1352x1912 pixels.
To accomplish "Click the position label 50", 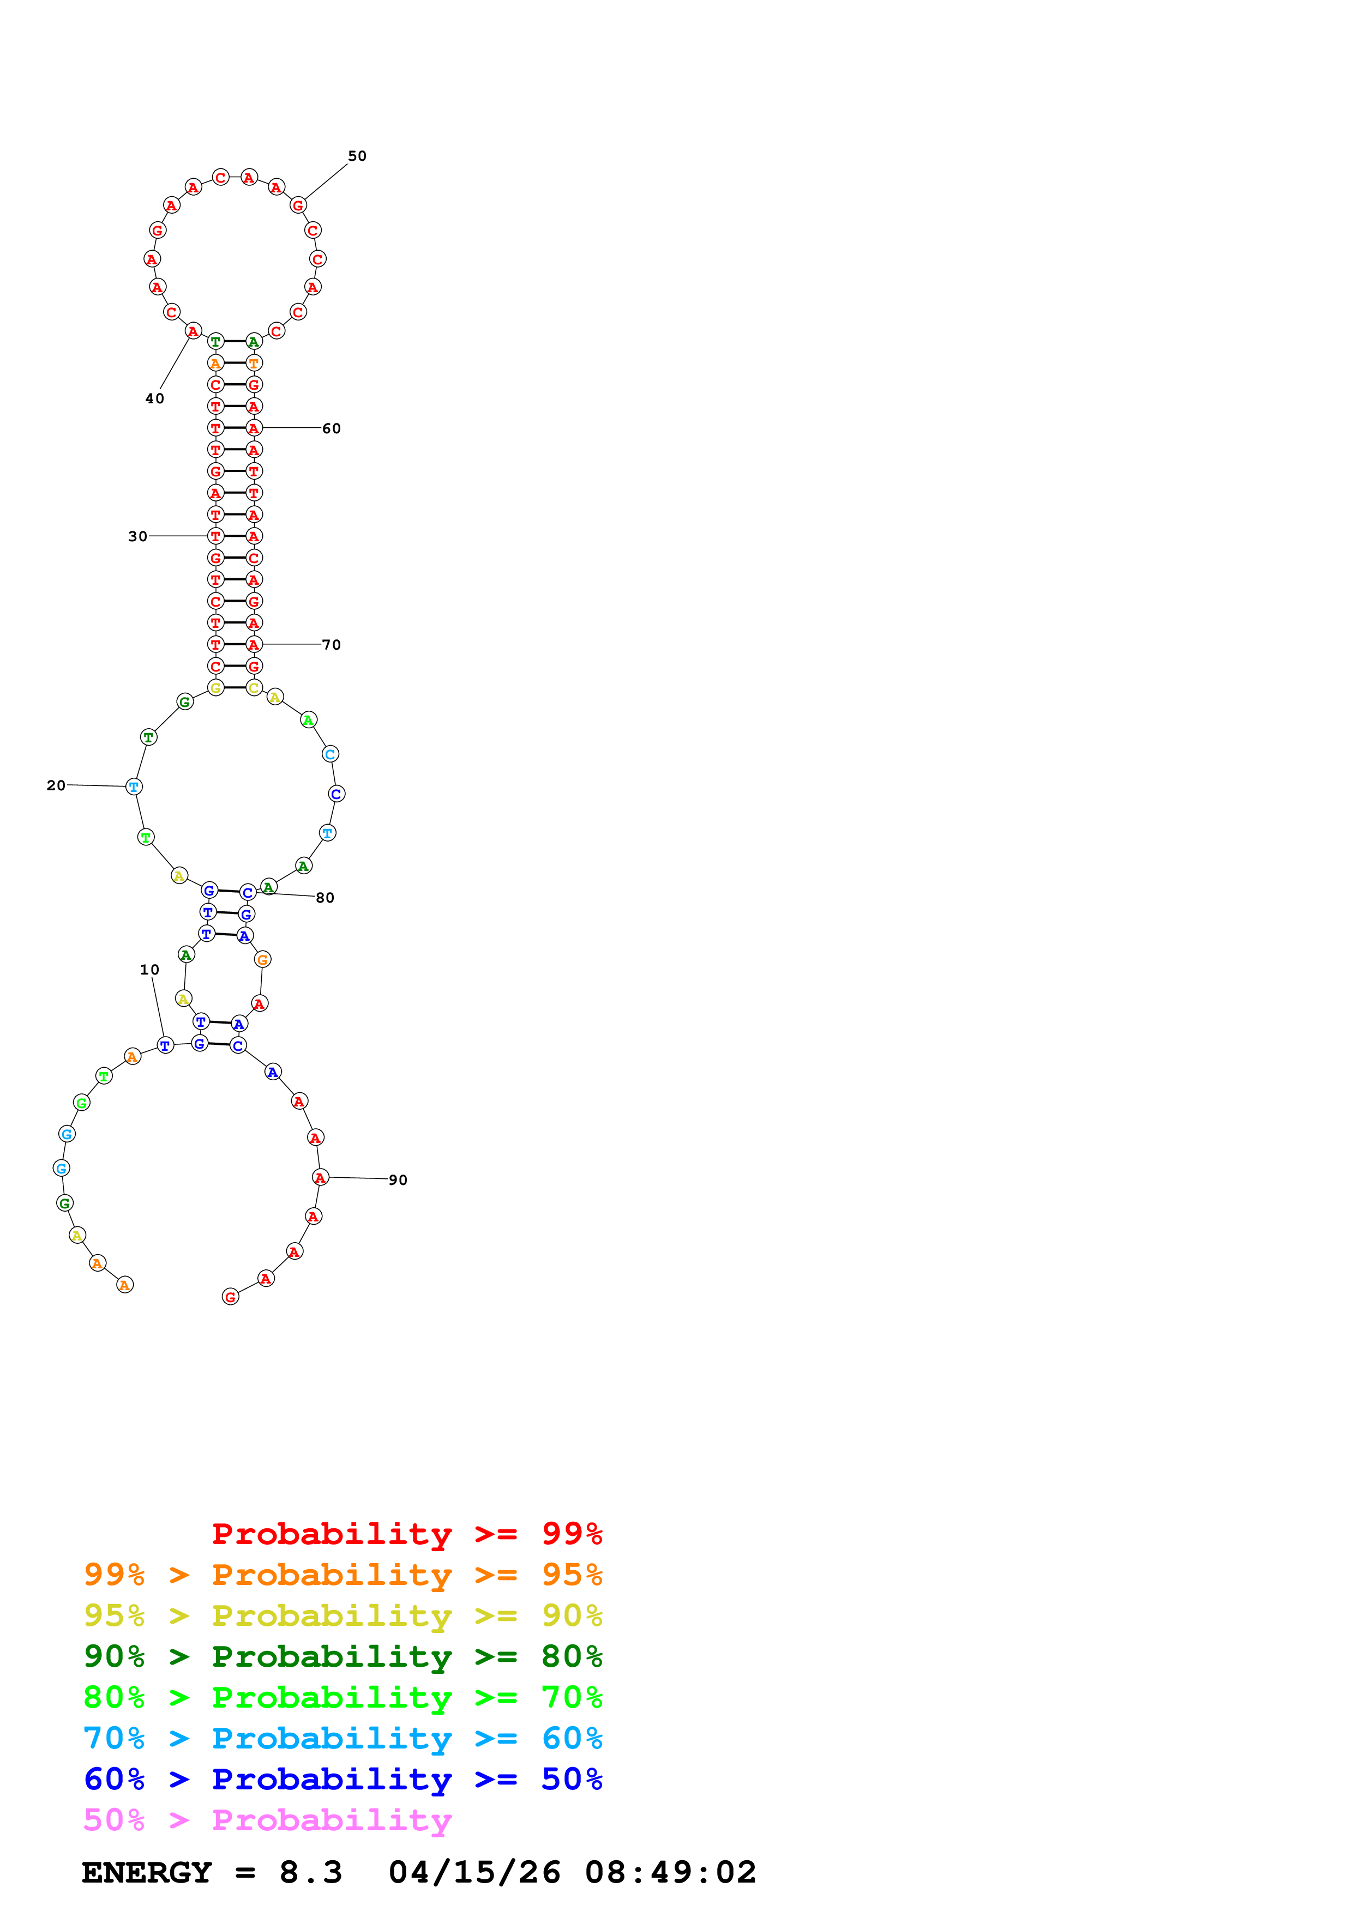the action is click(x=357, y=156).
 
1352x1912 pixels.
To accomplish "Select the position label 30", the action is click(x=137, y=536).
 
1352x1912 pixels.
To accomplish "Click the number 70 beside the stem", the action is click(x=332, y=645).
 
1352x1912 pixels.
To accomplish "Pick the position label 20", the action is click(x=56, y=785).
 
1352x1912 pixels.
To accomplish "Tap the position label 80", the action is click(x=325, y=898).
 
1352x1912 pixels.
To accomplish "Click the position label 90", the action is click(x=398, y=1180).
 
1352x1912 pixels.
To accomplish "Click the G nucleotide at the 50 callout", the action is click(x=297, y=205).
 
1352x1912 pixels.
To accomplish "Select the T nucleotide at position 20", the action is click(x=133, y=787).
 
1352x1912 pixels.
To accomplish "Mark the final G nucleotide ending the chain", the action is click(x=231, y=1297).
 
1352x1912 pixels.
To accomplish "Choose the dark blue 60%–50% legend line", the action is click(x=343, y=1779).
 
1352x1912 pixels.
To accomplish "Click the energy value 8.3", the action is click(x=311, y=1873).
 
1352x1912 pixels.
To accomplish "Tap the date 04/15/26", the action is click(x=474, y=1873).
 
